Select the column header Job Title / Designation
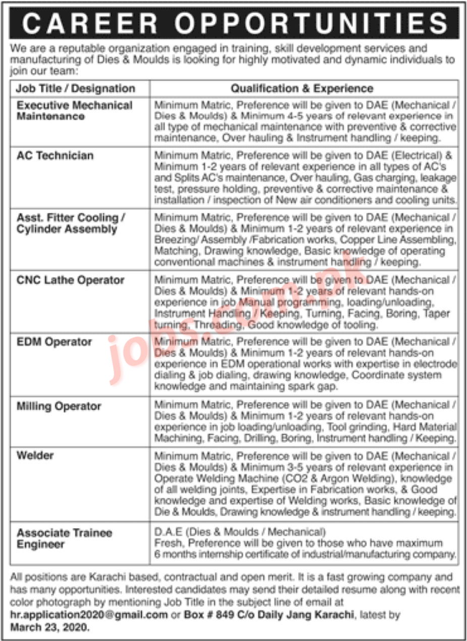point(76,89)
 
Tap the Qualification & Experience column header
point(302,89)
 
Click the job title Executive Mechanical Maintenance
point(74,111)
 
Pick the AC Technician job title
point(55,155)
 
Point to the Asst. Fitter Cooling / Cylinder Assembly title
point(71,223)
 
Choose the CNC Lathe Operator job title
point(70,280)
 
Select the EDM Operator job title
point(54,342)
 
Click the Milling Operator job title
point(59,406)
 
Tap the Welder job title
point(35,455)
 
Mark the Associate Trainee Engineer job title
point(65,539)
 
